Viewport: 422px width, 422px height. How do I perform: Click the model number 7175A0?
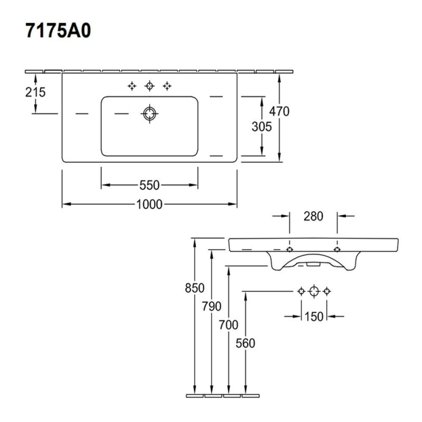click(59, 31)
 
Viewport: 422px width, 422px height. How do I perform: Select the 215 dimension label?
click(35, 92)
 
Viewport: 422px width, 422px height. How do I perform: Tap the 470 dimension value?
click(279, 111)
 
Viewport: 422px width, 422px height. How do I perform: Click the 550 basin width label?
click(150, 185)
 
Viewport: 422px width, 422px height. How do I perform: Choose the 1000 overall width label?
click(149, 204)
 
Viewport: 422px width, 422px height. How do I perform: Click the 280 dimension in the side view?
click(313, 216)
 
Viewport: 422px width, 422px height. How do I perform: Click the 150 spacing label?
click(314, 316)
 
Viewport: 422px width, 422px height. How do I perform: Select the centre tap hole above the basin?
click(150, 86)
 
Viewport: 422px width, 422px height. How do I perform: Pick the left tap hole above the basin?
click(132, 86)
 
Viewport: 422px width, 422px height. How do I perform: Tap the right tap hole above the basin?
click(167, 86)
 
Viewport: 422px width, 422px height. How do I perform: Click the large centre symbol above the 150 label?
click(314, 291)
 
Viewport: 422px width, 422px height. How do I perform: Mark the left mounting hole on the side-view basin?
click(290, 249)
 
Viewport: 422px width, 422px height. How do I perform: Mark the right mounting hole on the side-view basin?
click(337, 249)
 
